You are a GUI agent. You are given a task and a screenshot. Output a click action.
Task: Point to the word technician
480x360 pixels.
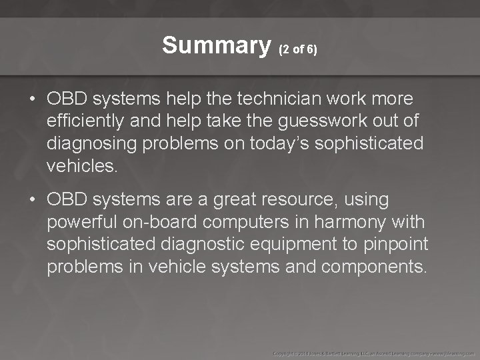coord(279,99)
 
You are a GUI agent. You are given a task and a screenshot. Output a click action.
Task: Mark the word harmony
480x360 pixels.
coord(350,221)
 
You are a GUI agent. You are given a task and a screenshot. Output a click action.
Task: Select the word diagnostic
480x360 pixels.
coord(199,244)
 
